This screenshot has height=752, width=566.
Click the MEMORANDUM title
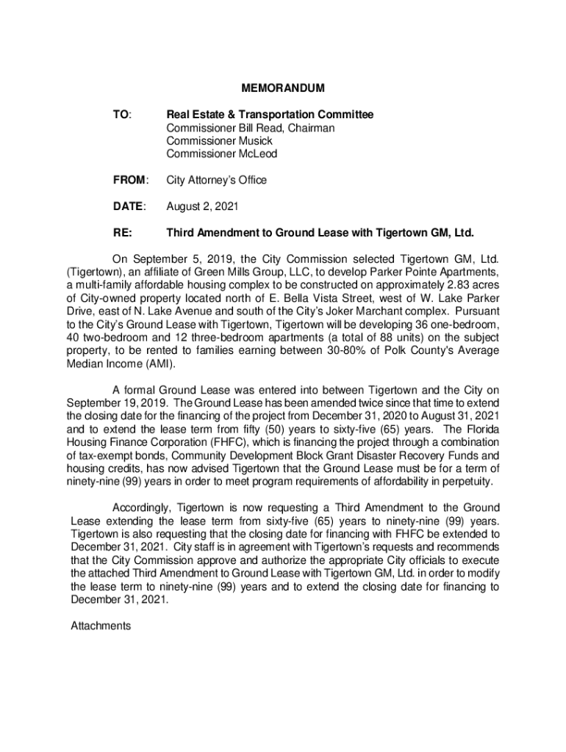click(283, 89)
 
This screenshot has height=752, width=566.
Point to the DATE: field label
click(129, 207)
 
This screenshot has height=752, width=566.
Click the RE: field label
click(123, 234)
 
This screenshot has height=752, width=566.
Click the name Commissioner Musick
click(219, 141)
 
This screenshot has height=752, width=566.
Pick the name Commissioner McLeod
click(221, 154)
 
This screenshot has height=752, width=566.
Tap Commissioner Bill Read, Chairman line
click(250, 128)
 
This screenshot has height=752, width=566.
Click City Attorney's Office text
click(216, 180)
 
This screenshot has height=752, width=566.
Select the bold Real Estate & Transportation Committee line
click(270, 115)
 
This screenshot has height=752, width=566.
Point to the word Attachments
click(101, 626)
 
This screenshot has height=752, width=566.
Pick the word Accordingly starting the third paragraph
click(141, 507)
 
